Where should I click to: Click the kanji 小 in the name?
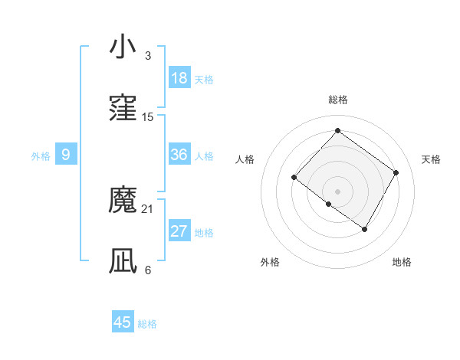[x=123, y=47]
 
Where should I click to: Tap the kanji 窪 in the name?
[x=123, y=109]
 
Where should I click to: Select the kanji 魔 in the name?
[x=123, y=201]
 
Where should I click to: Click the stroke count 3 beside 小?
[x=148, y=56]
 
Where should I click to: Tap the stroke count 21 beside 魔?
[x=148, y=209]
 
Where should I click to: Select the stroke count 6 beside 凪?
[x=148, y=270]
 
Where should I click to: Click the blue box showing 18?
[x=179, y=78]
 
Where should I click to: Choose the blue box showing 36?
[x=179, y=155]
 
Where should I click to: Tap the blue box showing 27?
[x=179, y=231]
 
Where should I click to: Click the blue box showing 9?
[x=66, y=155]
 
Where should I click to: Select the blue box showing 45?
[x=123, y=322]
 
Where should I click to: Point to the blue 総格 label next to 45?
[x=147, y=324]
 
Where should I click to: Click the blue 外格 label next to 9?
[x=41, y=156]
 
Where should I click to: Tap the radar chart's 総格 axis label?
[x=337, y=100]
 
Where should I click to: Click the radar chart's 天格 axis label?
[x=431, y=159]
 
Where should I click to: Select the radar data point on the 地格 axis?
[x=365, y=229]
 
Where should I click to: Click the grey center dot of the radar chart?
[x=337, y=191]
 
